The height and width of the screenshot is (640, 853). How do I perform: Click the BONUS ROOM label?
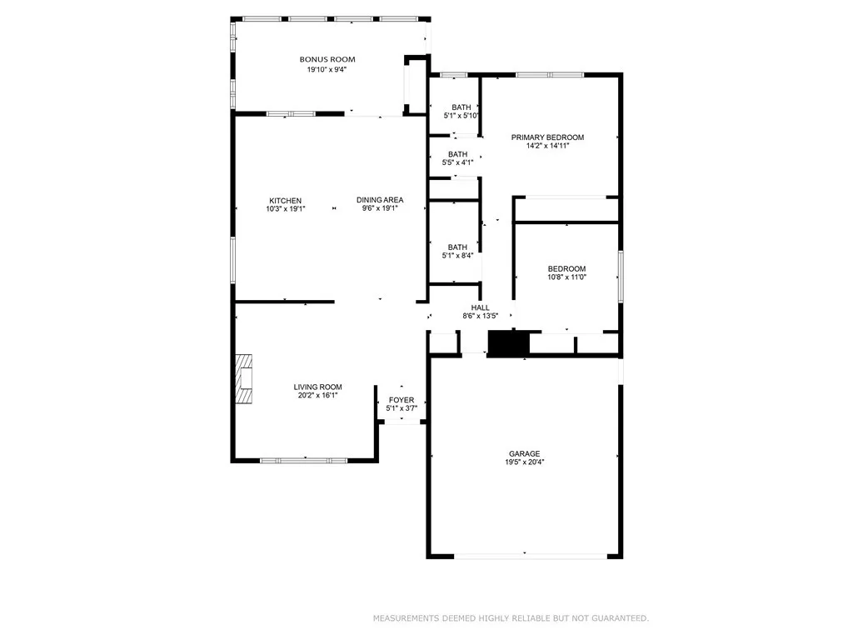click(x=327, y=59)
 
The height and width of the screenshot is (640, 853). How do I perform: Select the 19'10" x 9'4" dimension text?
click(x=327, y=70)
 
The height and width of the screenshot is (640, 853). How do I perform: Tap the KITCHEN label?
click(x=285, y=200)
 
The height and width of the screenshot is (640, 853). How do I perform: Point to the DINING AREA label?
click(x=380, y=200)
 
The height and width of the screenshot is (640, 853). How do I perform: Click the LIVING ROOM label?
click(x=317, y=387)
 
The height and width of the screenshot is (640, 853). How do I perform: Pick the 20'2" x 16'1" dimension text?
click(x=317, y=396)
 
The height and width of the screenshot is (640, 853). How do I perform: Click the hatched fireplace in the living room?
click(x=243, y=379)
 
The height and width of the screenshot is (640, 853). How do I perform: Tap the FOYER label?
click(x=402, y=400)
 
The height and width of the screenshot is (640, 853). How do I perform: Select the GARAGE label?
click(x=525, y=453)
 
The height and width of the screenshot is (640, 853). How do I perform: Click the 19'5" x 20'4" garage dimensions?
click(x=525, y=462)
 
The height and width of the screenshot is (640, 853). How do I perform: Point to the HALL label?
click(x=480, y=307)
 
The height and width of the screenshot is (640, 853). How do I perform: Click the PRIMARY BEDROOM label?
click(x=547, y=137)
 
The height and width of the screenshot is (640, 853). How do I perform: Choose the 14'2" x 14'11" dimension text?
click(x=547, y=147)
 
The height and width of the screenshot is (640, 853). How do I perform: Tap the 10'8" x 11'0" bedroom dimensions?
click(x=566, y=277)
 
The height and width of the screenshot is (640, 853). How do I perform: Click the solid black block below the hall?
click(x=508, y=344)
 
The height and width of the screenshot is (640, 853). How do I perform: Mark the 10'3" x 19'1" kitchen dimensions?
click(x=285, y=209)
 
